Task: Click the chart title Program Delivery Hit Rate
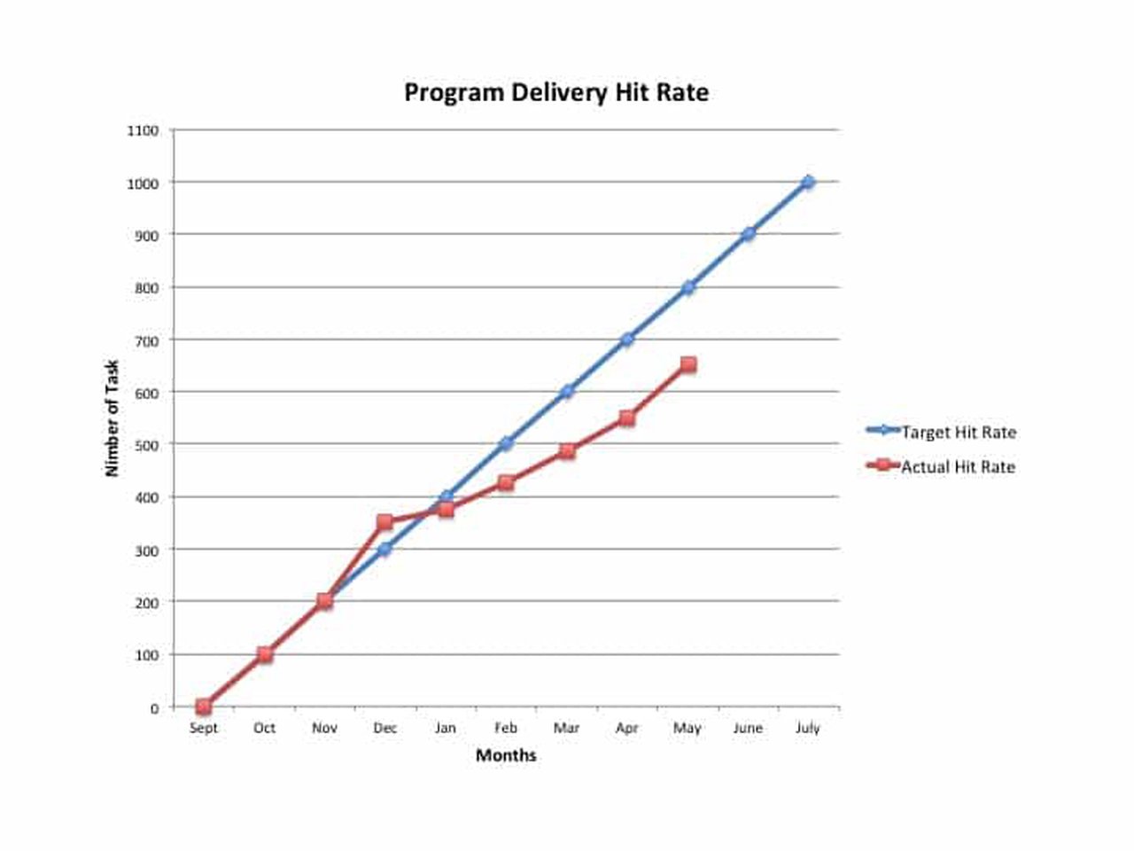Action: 555,93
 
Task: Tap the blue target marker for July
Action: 808,183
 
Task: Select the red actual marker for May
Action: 688,364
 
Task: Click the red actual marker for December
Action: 384,522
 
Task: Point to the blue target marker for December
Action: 384,549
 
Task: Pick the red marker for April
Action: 627,418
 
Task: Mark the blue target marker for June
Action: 748,234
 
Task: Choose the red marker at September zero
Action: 204,707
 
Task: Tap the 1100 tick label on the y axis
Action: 143,131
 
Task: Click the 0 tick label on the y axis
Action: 154,707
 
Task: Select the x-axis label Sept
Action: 204,728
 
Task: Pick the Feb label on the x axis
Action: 506,728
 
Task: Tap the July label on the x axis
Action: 808,728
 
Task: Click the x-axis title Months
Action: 506,755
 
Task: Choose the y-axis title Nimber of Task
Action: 112,418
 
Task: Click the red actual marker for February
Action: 506,483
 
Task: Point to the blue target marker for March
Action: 567,391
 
